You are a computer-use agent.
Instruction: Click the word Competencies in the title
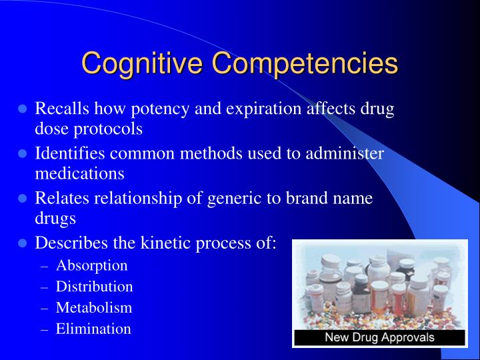tap(305, 64)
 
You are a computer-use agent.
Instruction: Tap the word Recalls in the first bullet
tap(63, 109)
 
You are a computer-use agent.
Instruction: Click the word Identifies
tap(71, 153)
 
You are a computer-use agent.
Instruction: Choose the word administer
tap(348, 153)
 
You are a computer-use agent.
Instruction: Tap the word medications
tap(79, 173)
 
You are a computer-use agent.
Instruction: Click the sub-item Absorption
tap(91, 265)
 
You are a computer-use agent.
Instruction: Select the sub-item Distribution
tap(94, 287)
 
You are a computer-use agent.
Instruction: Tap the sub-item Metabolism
tap(94, 307)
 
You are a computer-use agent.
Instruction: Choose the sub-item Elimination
tap(93, 329)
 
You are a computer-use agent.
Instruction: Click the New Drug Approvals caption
tap(379, 337)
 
